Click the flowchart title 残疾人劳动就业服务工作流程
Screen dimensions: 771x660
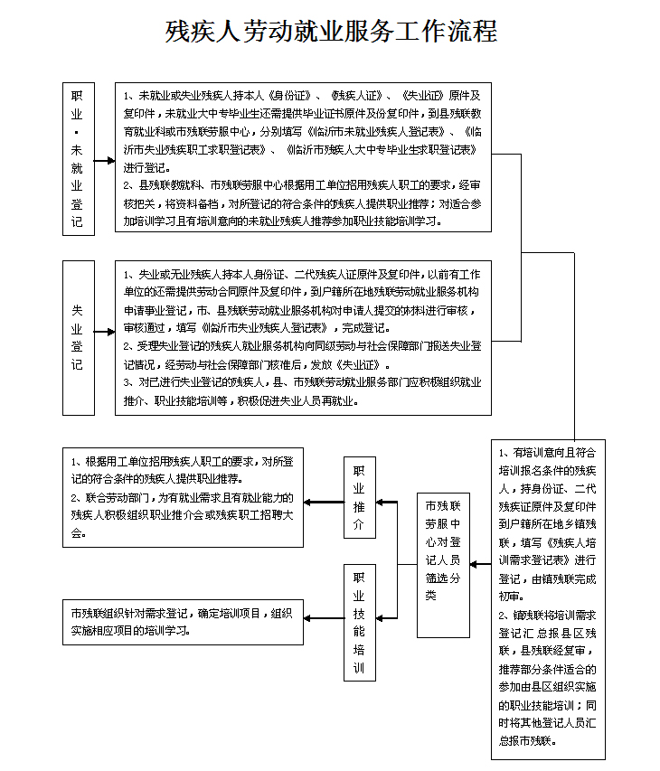tap(331, 33)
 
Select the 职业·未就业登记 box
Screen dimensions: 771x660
tap(78, 159)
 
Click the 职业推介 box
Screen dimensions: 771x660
tap(359, 500)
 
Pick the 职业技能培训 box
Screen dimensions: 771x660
tap(359, 623)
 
